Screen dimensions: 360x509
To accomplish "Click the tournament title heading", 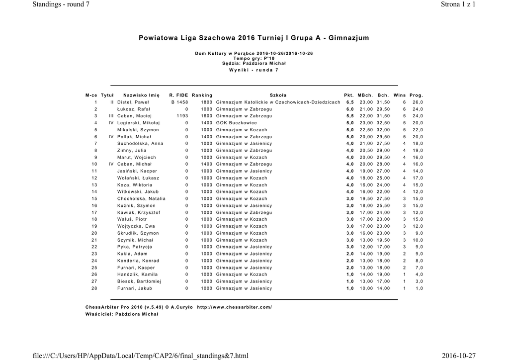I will pos(254,38).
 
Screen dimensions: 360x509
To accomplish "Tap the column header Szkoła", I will pos(278,95).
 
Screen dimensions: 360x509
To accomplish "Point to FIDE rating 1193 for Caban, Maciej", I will pos(182,116).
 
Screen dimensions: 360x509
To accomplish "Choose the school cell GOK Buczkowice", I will pos(237,123).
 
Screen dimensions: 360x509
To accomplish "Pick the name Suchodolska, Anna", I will pos(140,143).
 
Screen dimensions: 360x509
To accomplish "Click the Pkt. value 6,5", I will pos(350,102).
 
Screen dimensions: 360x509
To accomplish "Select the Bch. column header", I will pos(383,95).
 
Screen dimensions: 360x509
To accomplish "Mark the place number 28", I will pos(94,288).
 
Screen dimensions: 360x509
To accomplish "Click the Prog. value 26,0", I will pos(418,102).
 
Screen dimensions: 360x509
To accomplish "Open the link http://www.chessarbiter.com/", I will pos(234,307).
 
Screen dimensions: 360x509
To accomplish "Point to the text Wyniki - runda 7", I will pos(254,70).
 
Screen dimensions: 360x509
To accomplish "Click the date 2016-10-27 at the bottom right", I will pos(458,355).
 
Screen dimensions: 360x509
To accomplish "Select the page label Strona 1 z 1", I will pos(458,4).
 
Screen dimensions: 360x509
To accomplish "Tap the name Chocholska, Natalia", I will pos(141,198).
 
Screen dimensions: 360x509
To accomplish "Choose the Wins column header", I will pos(399,95).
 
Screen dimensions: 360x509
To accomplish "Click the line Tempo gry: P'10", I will pos(254,58).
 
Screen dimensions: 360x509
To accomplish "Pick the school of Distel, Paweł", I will pos(278,102).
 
